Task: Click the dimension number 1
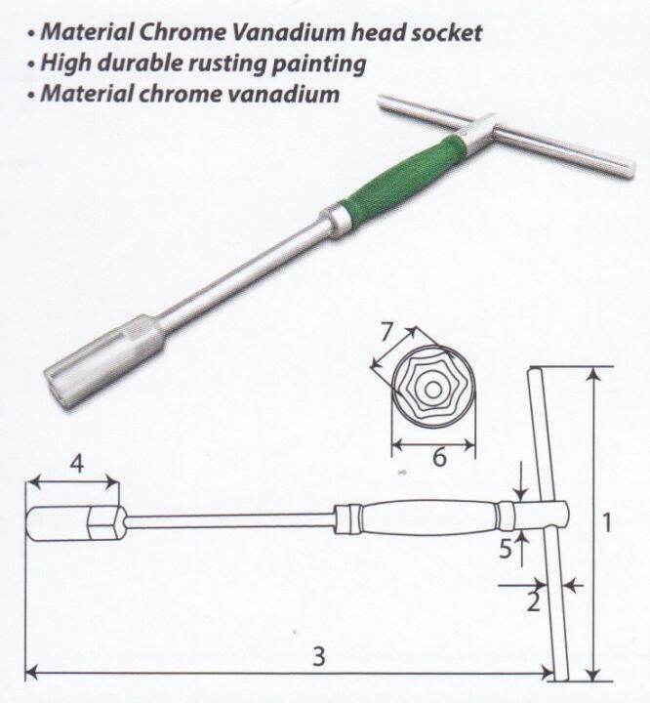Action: coord(606,522)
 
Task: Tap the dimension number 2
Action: coord(533,601)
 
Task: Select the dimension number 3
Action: coord(319,656)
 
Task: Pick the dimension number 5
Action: coord(506,548)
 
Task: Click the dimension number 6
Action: coord(439,457)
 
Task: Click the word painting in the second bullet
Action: coord(319,63)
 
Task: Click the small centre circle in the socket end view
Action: coord(432,390)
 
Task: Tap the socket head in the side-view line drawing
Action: coord(73,523)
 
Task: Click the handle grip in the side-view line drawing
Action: coord(428,517)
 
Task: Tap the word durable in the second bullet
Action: coord(140,62)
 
